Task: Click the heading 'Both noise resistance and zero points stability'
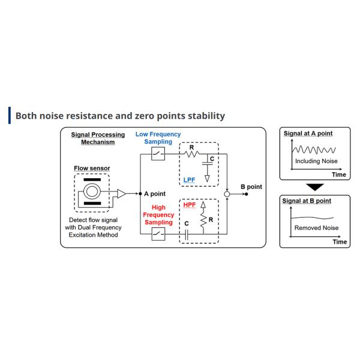coord(120,115)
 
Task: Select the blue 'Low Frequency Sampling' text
coord(158,138)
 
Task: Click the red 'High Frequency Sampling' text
coord(158,214)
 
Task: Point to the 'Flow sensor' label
coord(92,169)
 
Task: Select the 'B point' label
coord(251,187)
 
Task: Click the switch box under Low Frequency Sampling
coord(158,154)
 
